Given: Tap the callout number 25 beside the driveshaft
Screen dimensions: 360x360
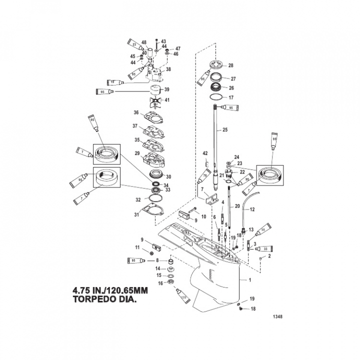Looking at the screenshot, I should click(x=225, y=130).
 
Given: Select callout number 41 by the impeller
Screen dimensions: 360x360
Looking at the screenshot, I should click(x=167, y=100).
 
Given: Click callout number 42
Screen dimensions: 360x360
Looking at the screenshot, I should click(x=205, y=153).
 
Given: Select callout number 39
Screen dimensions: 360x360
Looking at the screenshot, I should click(x=167, y=89).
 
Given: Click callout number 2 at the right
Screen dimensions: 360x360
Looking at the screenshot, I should click(x=269, y=256).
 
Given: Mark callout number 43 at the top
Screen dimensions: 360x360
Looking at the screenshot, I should click(x=163, y=41).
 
